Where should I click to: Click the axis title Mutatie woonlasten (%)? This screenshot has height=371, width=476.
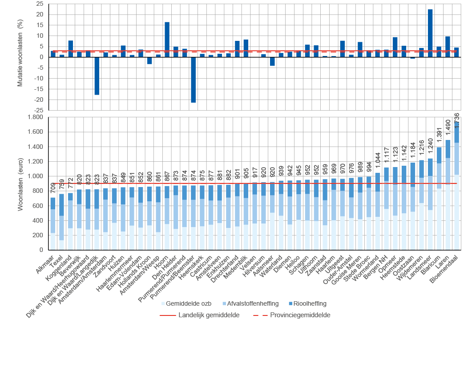[20, 57]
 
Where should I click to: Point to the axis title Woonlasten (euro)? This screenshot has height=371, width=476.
[20, 184]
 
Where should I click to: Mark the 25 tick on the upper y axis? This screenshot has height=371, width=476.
[40, 4]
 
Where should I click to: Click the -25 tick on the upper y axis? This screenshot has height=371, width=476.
[38, 110]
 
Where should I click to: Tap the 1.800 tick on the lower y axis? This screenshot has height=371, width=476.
[36, 117]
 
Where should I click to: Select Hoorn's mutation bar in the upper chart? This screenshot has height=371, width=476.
[167, 40]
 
